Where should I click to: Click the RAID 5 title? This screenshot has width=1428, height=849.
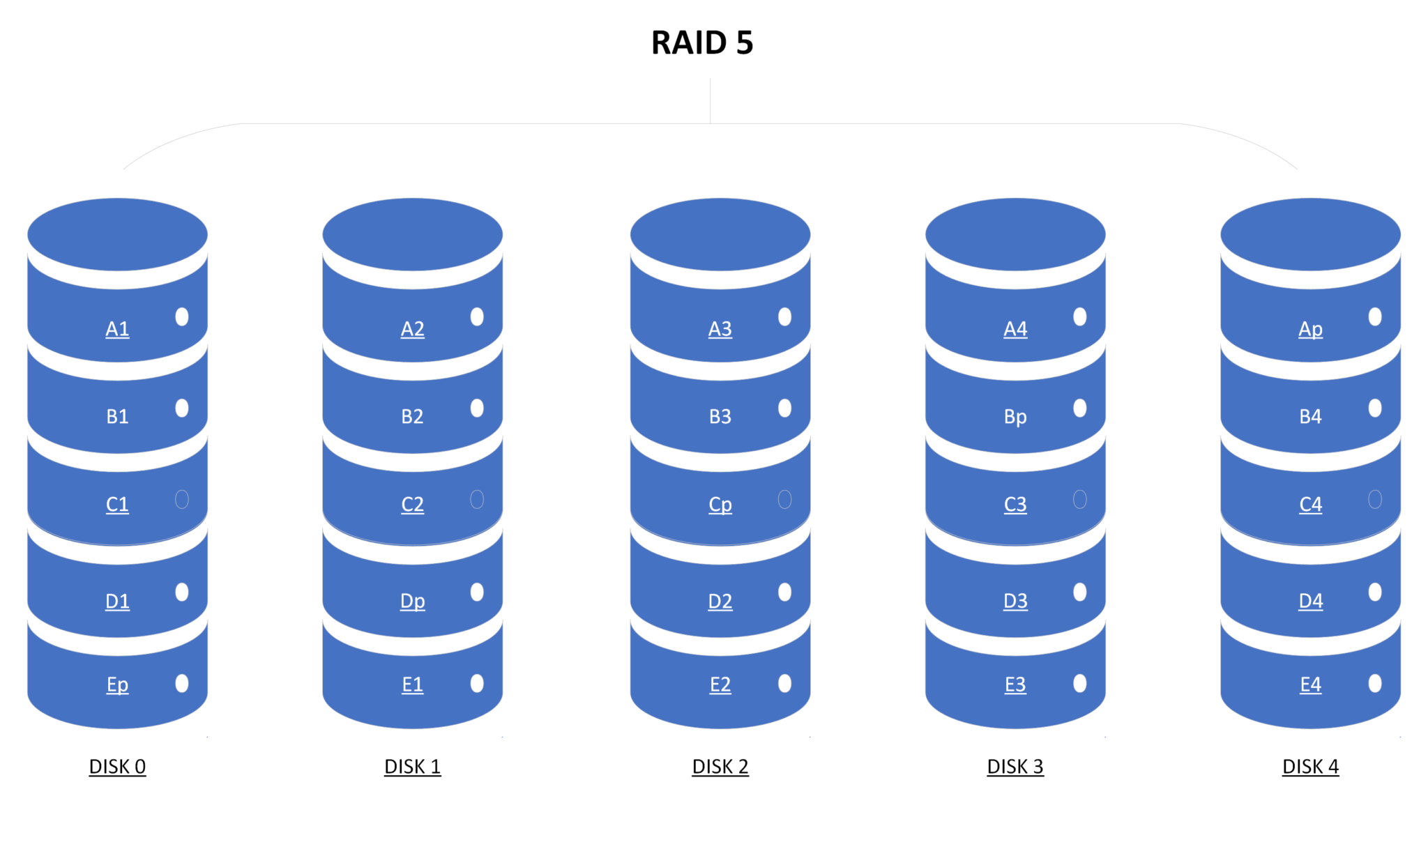[702, 43]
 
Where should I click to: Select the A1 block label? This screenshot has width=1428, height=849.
[117, 328]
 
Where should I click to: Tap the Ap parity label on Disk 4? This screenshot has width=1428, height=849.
[1310, 328]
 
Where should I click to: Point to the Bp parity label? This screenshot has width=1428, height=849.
[1015, 417]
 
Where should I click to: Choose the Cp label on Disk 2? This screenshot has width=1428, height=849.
[720, 504]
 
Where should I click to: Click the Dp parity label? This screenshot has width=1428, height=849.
[412, 601]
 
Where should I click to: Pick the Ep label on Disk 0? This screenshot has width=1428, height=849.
[117, 684]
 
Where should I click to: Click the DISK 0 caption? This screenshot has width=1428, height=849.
[117, 767]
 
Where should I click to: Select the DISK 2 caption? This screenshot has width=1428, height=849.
[720, 767]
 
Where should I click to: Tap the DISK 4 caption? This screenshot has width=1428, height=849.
[1310, 767]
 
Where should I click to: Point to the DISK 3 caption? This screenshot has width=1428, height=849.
[1015, 767]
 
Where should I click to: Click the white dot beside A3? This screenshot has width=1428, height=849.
[784, 317]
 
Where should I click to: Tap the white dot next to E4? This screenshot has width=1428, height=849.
[1375, 683]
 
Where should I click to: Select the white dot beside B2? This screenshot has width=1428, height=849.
[477, 408]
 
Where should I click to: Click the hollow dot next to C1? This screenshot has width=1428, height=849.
[182, 499]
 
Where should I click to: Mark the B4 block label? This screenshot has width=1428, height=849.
[1310, 417]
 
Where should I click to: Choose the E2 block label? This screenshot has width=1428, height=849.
[720, 684]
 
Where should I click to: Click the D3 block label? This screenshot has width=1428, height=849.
[1015, 601]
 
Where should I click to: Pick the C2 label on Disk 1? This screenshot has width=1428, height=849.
[412, 504]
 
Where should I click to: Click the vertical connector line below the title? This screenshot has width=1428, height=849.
[710, 101]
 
